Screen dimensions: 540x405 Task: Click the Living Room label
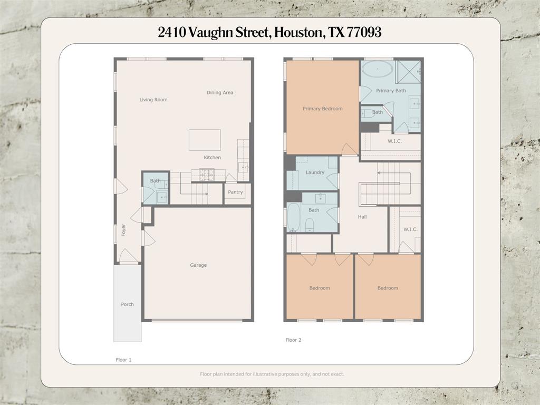point(153,100)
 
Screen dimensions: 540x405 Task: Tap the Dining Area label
point(220,92)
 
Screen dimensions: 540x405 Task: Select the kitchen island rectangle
point(205,140)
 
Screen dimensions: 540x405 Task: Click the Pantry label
point(235,192)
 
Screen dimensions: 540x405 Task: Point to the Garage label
point(198,265)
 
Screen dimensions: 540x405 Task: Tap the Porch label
point(128,304)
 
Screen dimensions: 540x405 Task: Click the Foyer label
point(123,230)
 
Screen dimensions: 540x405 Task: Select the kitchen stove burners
point(207,174)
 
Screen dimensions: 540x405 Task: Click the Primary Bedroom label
point(323,109)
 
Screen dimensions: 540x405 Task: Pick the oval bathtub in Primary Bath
point(378,69)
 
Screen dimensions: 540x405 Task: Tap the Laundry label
point(315,172)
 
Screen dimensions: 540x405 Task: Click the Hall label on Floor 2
point(362,217)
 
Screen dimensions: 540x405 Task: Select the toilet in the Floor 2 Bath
point(309,225)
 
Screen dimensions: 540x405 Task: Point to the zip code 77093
point(364,32)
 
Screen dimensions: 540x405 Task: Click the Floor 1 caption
point(123,360)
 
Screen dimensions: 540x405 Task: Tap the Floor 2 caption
point(293,340)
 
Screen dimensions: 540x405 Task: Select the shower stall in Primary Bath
point(408,72)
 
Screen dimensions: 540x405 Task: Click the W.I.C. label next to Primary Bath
point(394,141)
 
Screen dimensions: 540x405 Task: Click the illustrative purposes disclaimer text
point(272,374)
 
